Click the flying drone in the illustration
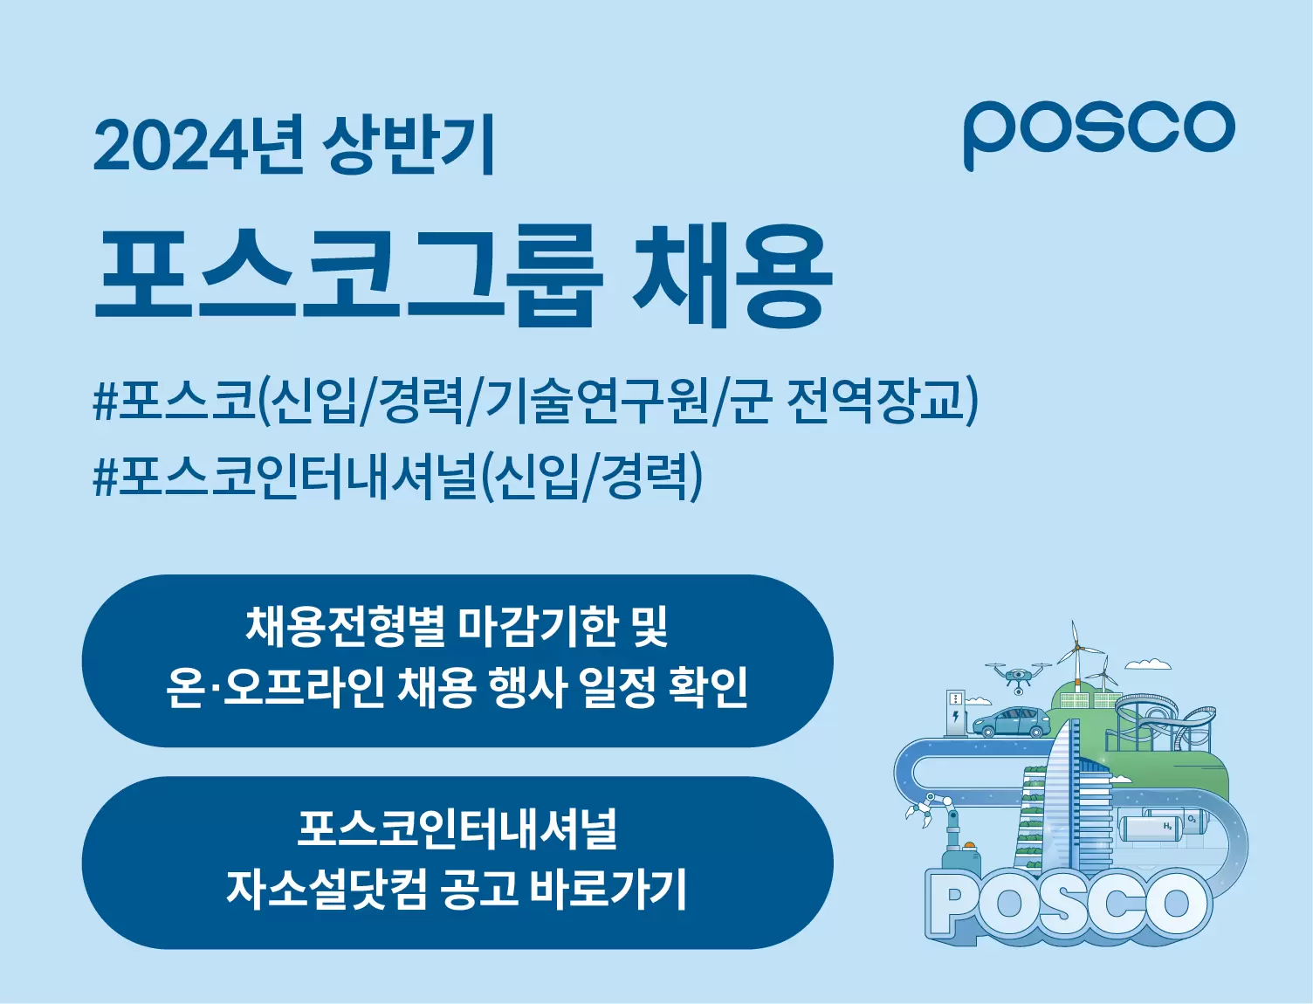click(x=1018, y=675)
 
